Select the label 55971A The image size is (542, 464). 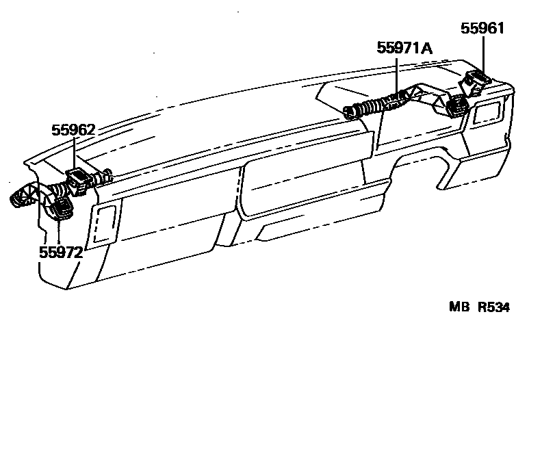click(x=405, y=48)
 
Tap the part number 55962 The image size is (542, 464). click(x=73, y=130)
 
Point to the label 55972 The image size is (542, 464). click(x=60, y=252)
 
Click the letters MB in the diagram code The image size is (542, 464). click(x=457, y=307)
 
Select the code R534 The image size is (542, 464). click(x=493, y=307)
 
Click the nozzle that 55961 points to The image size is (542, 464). click(x=476, y=81)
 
